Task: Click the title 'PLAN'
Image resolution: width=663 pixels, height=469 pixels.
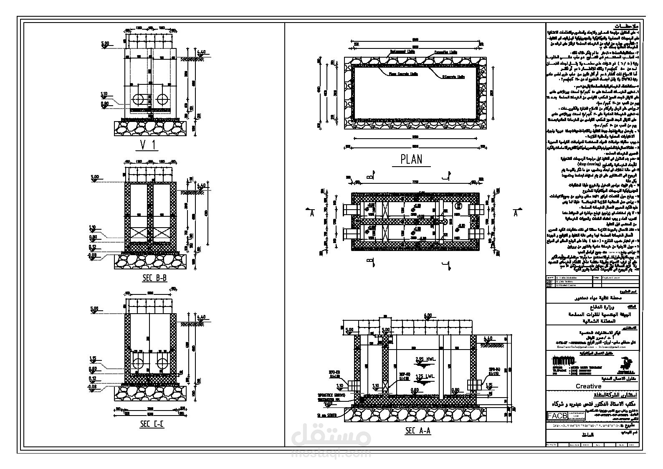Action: (x=411, y=159)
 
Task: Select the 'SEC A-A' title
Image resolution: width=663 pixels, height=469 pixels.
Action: (x=418, y=431)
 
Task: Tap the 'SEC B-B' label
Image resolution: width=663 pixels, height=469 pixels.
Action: (x=154, y=278)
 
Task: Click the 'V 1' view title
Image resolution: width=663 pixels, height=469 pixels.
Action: (x=149, y=145)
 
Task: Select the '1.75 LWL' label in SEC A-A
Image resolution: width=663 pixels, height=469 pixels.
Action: (x=425, y=376)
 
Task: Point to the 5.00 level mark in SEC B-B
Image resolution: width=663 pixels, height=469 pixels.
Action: (x=94, y=177)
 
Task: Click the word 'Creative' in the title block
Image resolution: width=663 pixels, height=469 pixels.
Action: (x=588, y=386)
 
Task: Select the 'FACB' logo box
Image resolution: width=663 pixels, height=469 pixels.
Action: (x=557, y=416)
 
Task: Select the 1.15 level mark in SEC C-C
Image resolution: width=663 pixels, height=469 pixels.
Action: (x=94, y=358)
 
